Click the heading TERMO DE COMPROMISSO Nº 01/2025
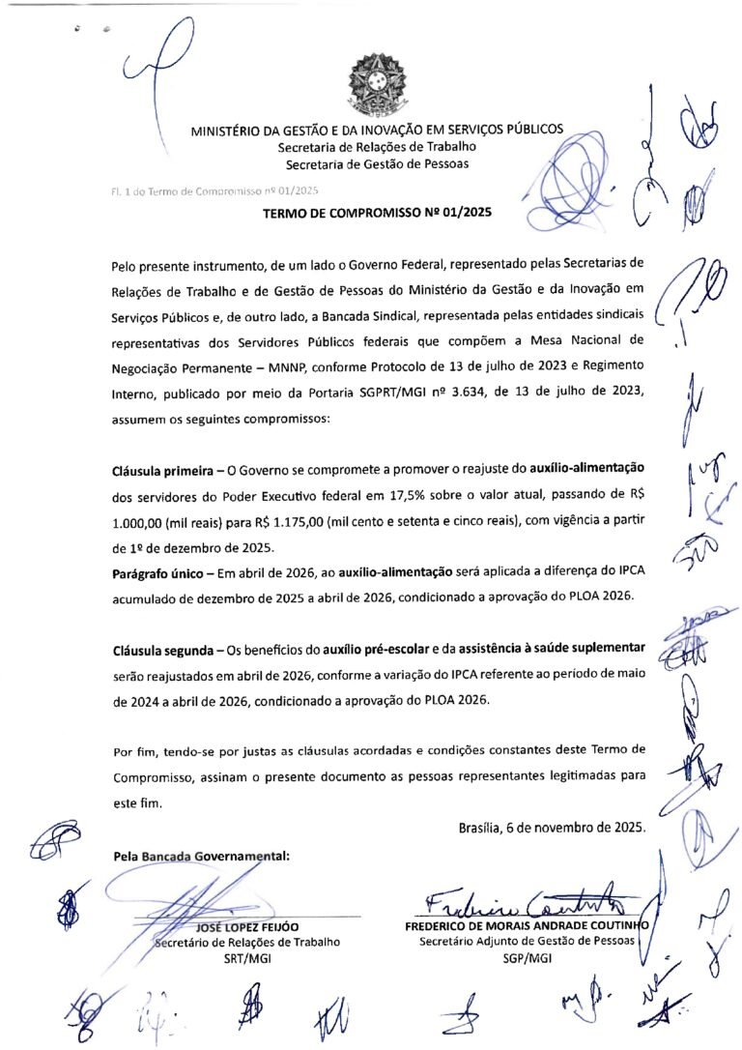click(377, 212)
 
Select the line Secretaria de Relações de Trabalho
click(377, 147)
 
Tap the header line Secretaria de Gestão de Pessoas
click(377, 164)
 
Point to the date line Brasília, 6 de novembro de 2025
click(552, 828)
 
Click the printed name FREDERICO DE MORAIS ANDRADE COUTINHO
click(527, 925)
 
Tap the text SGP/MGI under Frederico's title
click(527, 958)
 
